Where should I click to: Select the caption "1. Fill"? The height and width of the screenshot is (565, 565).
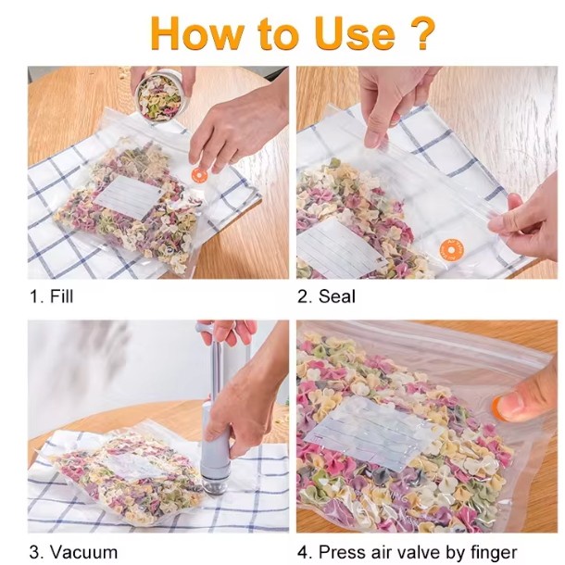click(x=50, y=296)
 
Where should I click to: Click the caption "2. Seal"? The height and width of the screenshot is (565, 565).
click(x=326, y=296)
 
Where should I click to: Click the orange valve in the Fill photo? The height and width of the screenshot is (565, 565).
click(x=198, y=174)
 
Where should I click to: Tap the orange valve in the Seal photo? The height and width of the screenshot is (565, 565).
click(x=450, y=248)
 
